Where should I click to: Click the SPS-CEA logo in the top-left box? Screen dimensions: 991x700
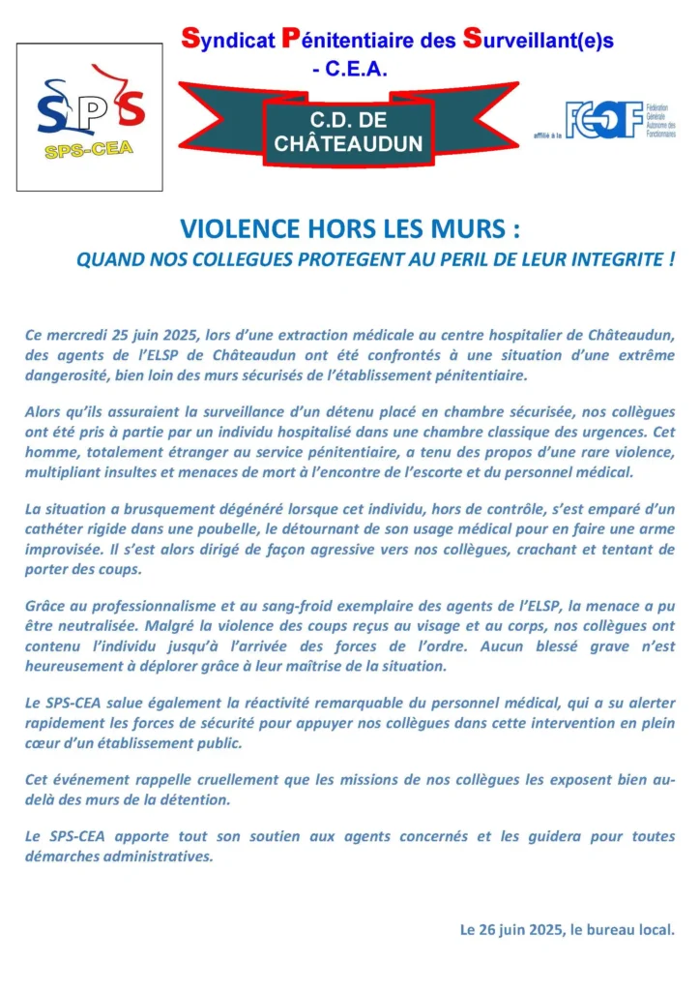[x=89, y=116]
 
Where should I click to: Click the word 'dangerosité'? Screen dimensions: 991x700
[x=67, y=375]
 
